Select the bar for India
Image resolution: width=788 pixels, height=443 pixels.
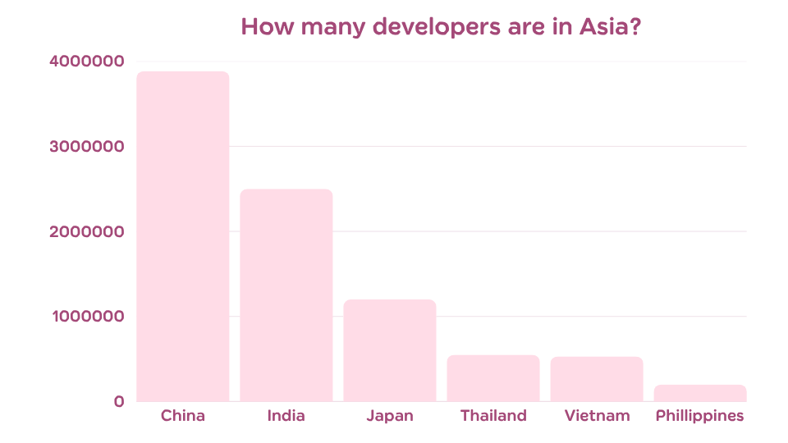286,295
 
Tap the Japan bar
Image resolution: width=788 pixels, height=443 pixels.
390,351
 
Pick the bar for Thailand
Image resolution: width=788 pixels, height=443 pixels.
493,378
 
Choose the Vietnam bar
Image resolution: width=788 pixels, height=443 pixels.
597,379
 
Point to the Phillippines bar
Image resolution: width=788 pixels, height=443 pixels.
700,393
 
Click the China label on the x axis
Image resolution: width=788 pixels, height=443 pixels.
183,416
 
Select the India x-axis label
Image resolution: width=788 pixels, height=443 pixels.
286,416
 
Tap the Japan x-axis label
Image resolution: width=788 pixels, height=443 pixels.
390,417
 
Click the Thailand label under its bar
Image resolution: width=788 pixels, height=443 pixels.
493,416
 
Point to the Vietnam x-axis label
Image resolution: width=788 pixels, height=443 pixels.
597,416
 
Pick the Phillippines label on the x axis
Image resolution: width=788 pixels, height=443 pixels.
700,417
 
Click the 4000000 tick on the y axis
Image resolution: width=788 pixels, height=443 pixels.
86,62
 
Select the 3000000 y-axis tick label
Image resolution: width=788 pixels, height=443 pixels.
86,147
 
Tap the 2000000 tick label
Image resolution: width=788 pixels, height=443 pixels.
86,232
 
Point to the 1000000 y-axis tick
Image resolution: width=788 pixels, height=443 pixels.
86,317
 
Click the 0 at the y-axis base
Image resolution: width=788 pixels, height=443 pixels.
119,402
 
